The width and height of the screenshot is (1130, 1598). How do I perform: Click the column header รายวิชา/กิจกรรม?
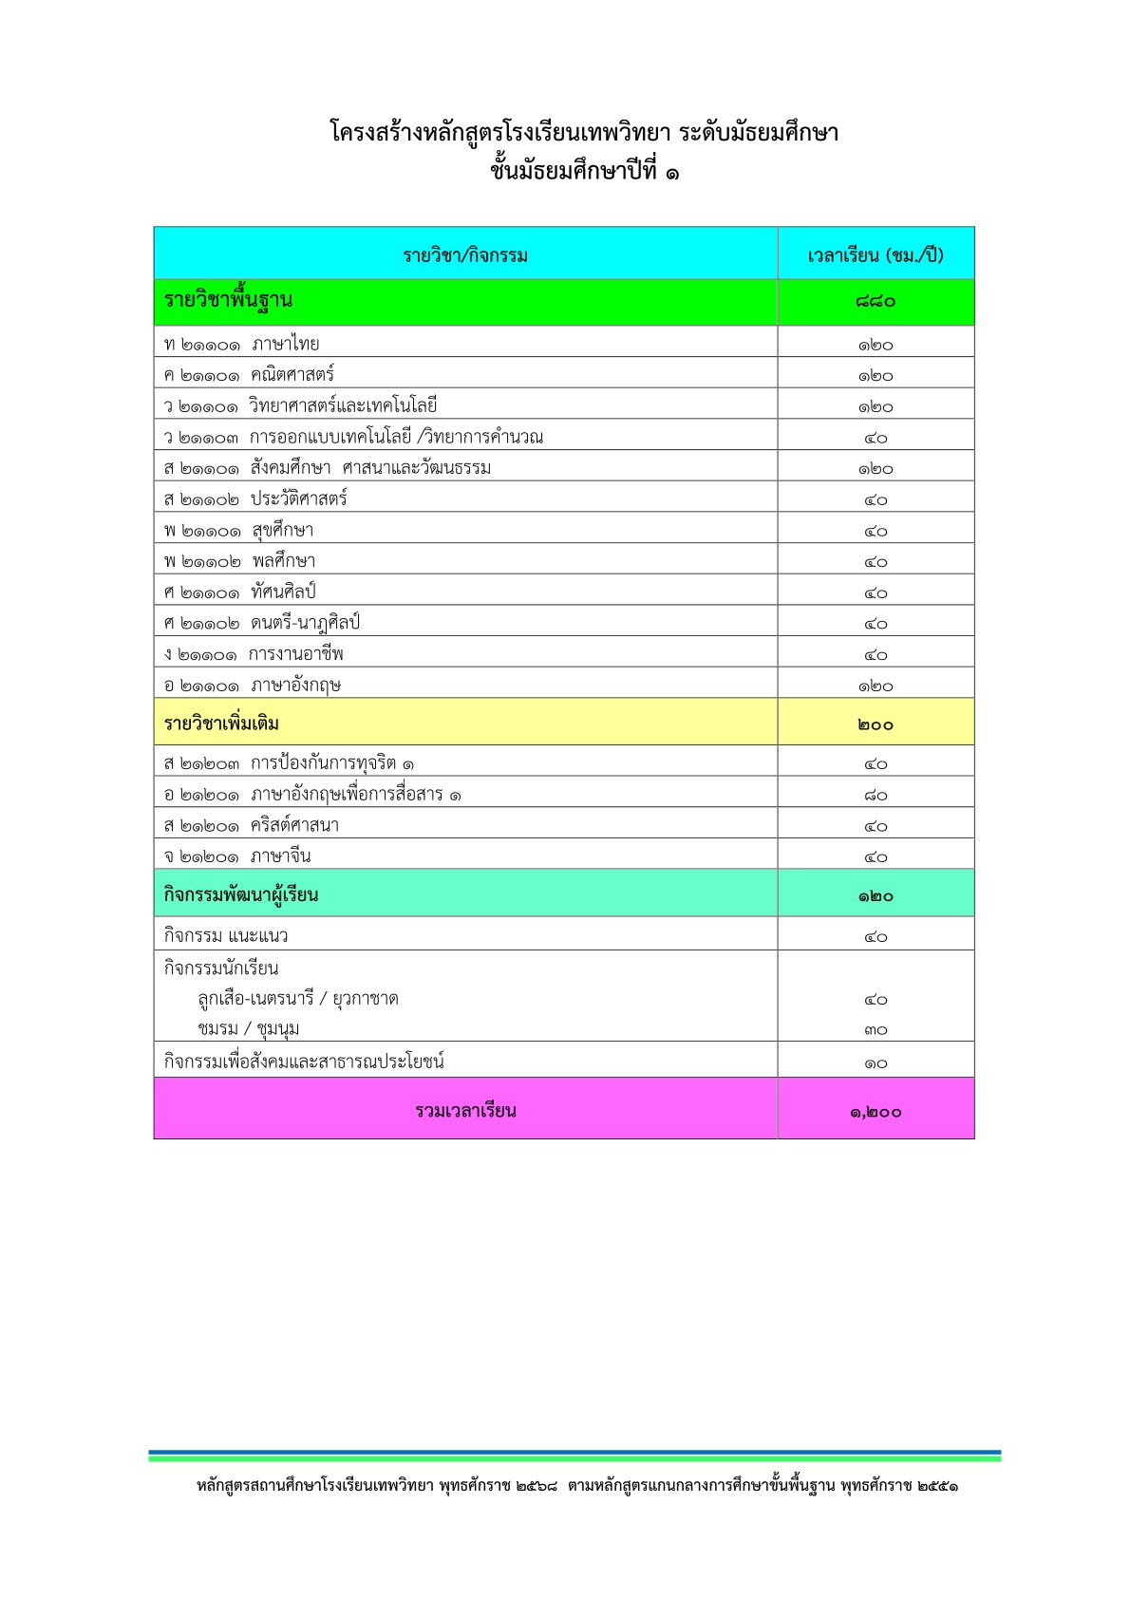click(465, 254)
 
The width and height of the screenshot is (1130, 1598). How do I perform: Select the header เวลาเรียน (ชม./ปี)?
click(876, 254)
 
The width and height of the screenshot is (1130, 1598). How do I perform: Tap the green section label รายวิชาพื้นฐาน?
click(228, 301)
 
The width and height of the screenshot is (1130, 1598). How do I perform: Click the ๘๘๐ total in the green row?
click(876, 302)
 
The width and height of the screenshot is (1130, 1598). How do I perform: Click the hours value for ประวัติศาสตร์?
click(876, 499)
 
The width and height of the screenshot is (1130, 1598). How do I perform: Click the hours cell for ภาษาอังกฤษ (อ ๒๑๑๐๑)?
click(876, 686)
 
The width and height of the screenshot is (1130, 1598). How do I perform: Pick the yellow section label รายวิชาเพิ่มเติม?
click(221, 724)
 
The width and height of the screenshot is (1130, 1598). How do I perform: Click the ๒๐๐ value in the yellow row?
click(876, 724)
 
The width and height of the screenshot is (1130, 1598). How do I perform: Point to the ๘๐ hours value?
click(876, 795)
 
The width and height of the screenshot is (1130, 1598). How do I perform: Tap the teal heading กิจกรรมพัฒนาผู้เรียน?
click(241, 894)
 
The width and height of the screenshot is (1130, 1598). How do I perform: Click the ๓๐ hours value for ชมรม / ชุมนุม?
click(876, 1030)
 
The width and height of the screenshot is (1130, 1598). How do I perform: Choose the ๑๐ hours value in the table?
click(876, 1063)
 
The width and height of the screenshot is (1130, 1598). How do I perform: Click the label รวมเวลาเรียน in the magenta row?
click(465, 1111)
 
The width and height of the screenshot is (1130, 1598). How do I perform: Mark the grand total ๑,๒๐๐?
click(876, 1112)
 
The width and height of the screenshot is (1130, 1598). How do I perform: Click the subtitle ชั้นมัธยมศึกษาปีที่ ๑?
click(585, 172)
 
